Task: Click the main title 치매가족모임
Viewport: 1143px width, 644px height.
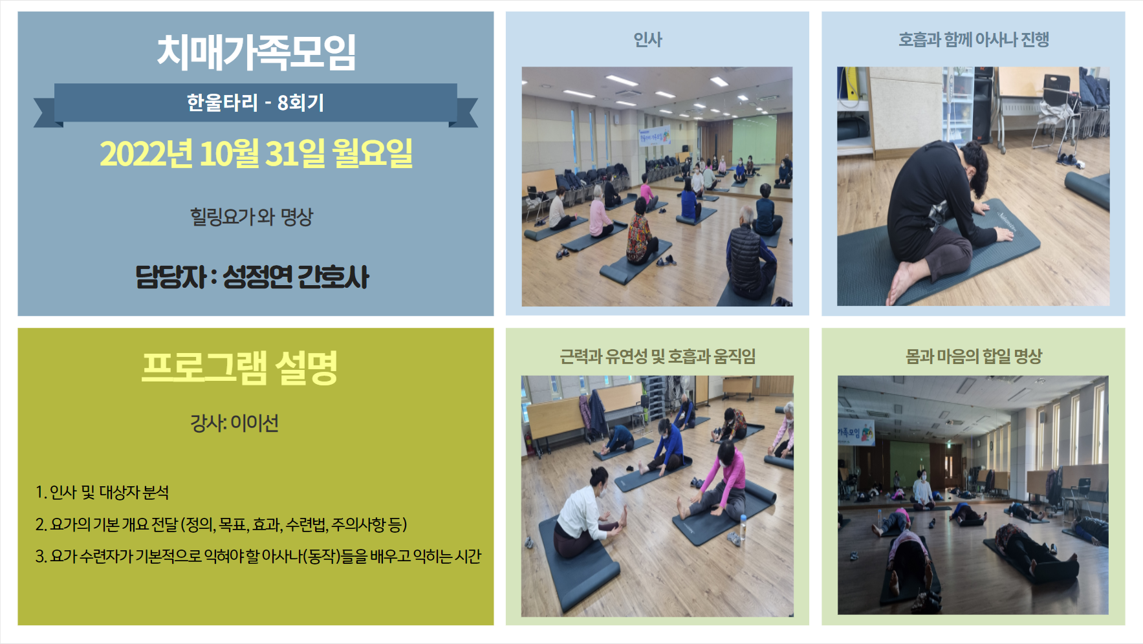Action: click(256, 52)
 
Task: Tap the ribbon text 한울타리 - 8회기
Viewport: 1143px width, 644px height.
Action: click(256, 103)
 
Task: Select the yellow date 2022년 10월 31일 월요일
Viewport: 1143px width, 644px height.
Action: click(256, 153)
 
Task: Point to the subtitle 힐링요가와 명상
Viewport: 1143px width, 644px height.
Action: click(252, 217)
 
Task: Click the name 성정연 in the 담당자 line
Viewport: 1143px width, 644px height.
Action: click(257, 277)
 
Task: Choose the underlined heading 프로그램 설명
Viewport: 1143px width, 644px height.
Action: click(239, 367)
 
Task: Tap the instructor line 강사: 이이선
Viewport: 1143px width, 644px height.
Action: click(234, 423)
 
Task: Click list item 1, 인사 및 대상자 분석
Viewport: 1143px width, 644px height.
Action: click(102, 493)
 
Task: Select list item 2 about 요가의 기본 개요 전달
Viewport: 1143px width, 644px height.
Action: click(221, 524)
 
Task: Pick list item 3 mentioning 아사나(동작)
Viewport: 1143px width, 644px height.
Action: click(258, 556)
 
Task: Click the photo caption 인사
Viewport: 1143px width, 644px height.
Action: click(648, 40)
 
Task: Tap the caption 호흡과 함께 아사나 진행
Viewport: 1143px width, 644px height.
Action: click(974, 40)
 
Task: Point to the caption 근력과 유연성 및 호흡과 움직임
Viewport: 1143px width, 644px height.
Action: click(657, 356)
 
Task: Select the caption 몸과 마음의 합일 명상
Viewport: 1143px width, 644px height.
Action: click(974, 356)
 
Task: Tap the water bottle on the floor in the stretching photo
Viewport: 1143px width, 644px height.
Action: click(743, 528)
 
